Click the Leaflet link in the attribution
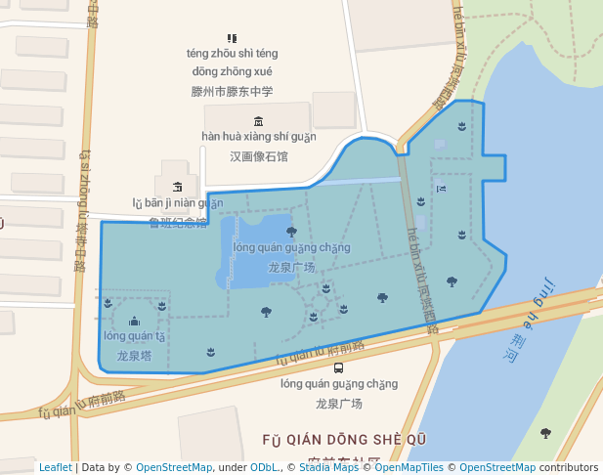click(x=55, y=467)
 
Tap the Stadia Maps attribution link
click(x=329, y=467)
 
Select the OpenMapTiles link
click(x=409, y=467)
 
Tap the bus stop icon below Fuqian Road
click(x=338, y=367)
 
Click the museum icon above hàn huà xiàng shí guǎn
click(x=258, y=121)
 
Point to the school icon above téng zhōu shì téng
click(x=232, y=38)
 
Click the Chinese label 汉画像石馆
click(x=259, y=156)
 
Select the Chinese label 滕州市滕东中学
click(x=233, y=91)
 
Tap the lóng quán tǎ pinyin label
click(x=134, y=337)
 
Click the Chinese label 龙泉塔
click(x=134, y=357)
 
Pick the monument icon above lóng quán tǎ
click(x=134, y=321)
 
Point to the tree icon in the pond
click(x=291, y=232)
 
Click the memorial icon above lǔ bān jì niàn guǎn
click(x=177, y=186)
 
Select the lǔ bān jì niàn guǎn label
click(x=178, y=203)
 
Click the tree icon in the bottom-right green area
click(x=545, y=433)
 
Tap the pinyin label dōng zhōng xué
click(x=233, y=71)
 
